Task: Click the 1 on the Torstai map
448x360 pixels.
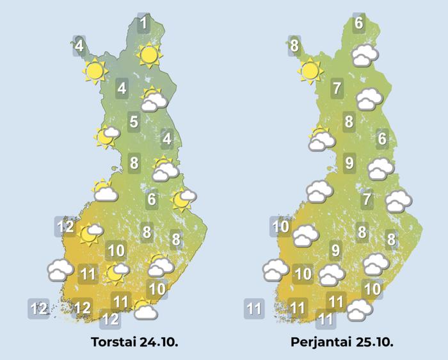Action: click(144, 24)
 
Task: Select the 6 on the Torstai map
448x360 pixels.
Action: click(152, 199)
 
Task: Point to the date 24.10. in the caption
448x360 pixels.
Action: click(158, 341)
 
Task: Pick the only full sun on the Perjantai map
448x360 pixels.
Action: click(310, 71)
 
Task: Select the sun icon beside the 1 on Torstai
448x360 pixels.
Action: click(149, 56)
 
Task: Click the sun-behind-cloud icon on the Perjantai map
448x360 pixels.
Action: click(319, 140)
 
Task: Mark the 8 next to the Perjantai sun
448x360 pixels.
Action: click(294, 45)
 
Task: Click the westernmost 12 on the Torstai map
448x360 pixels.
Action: click(39, 309)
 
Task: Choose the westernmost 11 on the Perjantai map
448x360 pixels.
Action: click(254, 309)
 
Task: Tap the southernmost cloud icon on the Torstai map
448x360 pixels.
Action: click(147, 311)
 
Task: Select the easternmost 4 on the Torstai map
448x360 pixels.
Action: click(167, 138)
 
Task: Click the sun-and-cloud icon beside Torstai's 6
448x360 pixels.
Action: click(183, 199)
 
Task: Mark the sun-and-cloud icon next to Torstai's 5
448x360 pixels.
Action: click(106, 135)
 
